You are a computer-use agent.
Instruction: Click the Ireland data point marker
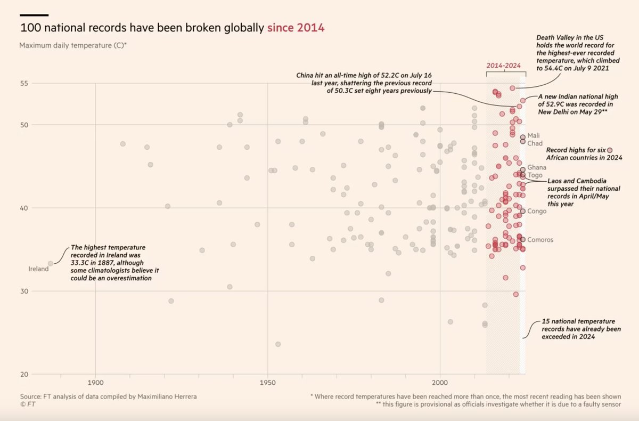coord(51,263)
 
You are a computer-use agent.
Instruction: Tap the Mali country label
coord(534,135)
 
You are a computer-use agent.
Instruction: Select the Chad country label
coord(535,143)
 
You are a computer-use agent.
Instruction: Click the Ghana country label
coord(537,167)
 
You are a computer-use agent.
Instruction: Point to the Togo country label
coord(535,175)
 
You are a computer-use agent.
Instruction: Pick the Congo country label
coord(537,211)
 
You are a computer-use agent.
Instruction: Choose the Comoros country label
coord(540,240)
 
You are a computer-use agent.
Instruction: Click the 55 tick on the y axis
coord(23,83)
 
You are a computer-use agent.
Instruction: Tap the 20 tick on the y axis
coord(23,374)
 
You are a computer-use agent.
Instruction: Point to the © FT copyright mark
coord(28,404)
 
